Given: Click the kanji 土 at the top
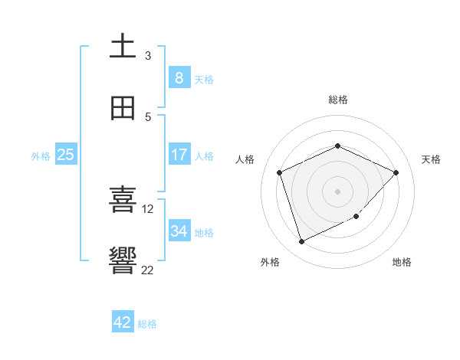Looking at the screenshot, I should click(123, 46).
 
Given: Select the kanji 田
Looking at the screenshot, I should click(123, 108).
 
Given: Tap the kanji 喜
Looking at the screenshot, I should click(123, 200).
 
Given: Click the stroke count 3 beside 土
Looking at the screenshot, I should click(148, 55).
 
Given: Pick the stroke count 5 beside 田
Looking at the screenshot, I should click(148, 116).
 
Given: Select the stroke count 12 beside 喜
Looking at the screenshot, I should click(148, 208).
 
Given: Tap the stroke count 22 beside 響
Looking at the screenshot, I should click(148, 270).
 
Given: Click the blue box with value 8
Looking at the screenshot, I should click(179, 77).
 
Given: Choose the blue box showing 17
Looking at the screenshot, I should click(179, 155).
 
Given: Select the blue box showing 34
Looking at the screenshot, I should click(179, 231).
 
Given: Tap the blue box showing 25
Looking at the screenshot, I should click(65, 155).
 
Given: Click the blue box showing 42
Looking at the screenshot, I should click(123, 322).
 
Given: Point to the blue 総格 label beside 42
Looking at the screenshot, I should click(147, 324).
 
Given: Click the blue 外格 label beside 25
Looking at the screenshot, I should click(41, 156).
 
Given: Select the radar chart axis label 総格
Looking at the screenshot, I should click(337, 100).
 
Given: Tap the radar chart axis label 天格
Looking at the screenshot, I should click(431, 159).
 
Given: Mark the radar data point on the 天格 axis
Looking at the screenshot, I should click(396, 172).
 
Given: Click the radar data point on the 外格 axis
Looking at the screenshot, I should click(301, 242).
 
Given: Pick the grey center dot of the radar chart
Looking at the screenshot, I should click(337, 191).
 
